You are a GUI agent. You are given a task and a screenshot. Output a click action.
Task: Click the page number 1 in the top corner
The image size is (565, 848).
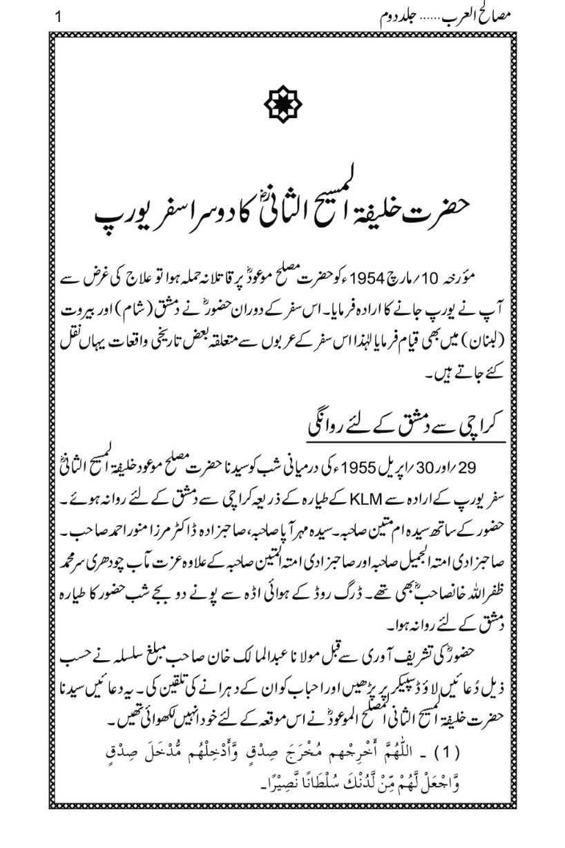[58, 16]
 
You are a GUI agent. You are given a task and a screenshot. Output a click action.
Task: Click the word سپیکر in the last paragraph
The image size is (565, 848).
[366, 693]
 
